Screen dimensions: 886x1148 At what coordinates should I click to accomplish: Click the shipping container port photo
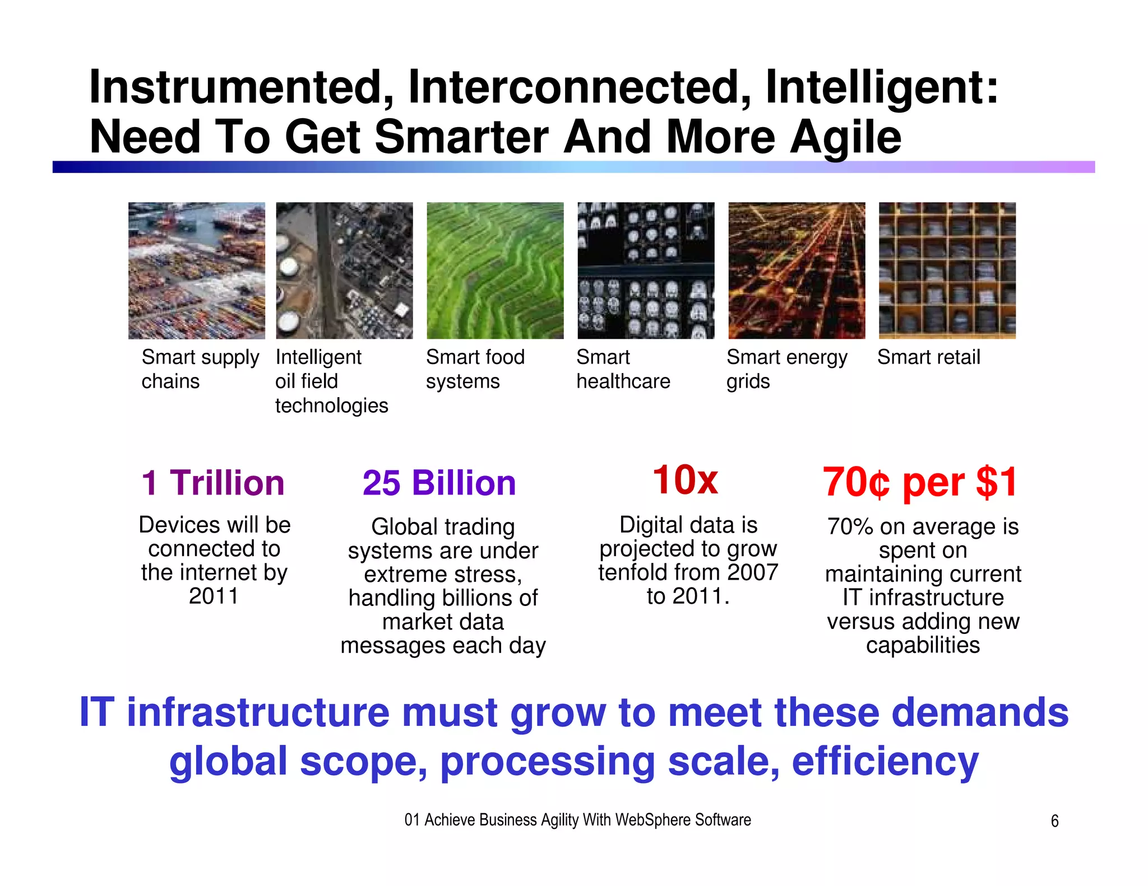tap(196, 271)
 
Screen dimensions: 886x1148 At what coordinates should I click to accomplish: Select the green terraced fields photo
tap(495, 271)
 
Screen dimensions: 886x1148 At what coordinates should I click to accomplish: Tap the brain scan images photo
tap(646, 271)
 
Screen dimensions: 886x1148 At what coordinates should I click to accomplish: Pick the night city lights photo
tap(797, 271)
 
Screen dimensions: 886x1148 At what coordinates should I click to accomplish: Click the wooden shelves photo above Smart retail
tap(947, 271)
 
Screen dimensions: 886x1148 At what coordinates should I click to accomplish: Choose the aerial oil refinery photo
tap(344, 271)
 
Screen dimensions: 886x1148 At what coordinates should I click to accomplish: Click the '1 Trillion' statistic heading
tap(213, 483)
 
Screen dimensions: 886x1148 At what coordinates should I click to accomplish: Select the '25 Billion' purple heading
tap(439, 483)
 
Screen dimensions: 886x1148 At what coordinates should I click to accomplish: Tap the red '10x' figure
tap(685, 480)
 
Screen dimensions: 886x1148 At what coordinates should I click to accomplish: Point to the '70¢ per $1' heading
tap(920, 482)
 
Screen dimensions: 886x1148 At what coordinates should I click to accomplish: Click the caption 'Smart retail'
tap(928, 357)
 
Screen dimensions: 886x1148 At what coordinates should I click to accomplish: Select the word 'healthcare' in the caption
tap(623, 381)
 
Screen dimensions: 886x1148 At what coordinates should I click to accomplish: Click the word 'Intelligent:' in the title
tap(882, 87)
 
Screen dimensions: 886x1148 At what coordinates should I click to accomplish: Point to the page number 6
tap(1054, 821)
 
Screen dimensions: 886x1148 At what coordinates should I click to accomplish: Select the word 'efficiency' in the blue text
tap(885, 762)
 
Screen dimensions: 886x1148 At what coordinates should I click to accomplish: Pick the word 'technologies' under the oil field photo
tap(331, 405)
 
